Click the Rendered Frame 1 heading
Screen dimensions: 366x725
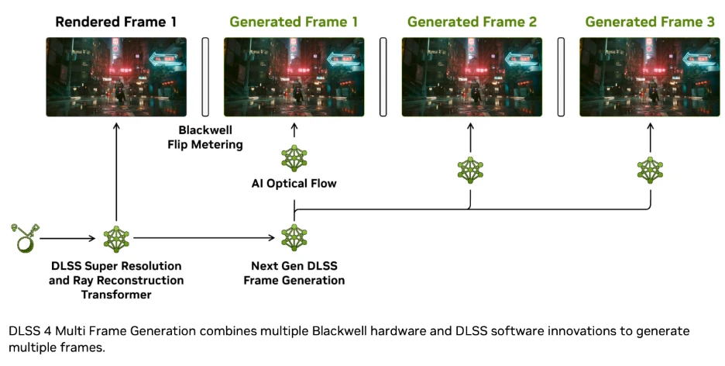click(116, 22)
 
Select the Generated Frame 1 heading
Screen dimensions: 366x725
click(294, 22)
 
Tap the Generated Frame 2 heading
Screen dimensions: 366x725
click(472, 22)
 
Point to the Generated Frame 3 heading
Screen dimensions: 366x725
click(649, 22)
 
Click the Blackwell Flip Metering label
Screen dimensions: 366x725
click(205, 137)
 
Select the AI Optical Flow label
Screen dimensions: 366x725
click(294, 184)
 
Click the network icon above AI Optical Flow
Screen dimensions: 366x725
click(294, 158)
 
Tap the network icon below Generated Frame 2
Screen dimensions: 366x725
click(470, 169)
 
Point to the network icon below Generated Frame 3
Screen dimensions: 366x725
click(649, 169)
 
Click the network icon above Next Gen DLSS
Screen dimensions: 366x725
click(294, 237)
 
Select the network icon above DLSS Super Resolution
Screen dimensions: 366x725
click(116, 237)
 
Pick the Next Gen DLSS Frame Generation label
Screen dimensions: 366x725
click(294, 273)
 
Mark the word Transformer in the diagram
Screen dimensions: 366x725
click(116, 294)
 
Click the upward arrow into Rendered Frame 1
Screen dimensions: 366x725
click(116, 171)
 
